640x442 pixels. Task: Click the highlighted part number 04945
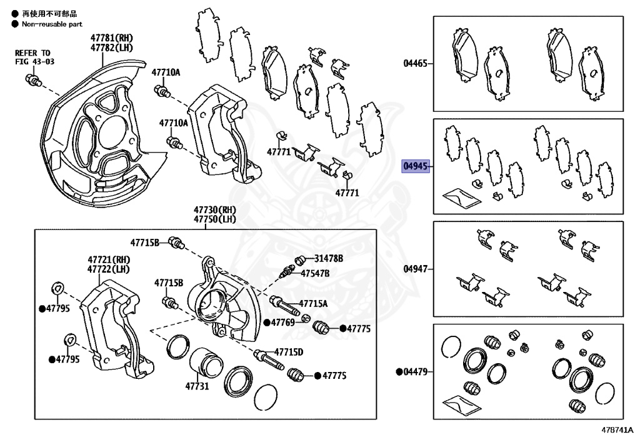click(x=415, y=166)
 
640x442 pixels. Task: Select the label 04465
click(x=415, y=63)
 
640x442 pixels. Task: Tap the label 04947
click(x=415, y=269)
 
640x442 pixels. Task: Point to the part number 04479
click(x=415, y=372)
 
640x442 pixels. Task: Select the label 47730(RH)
click(x=214, y=210)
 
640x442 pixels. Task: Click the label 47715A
click(x=312, y=304)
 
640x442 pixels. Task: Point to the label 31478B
click(x=329, y=258)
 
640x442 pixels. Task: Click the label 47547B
click(x=315, y=273)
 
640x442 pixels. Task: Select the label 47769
click(x=282, y=323)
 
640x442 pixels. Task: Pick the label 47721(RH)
click(x=108, y=259)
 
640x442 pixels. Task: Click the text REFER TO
click(x=32, y=53)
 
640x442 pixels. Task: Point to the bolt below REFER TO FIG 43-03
click(x=32, y=79)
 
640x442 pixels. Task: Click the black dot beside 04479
click(x=399, y=372)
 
